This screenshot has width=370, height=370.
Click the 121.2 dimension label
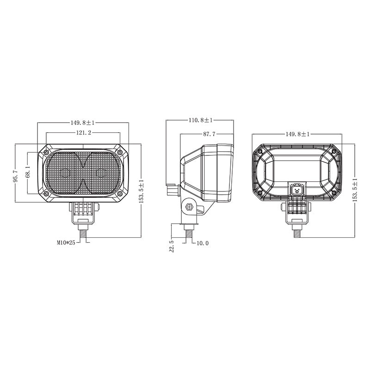[83, 133]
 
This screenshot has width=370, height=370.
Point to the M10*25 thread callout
[66, 242]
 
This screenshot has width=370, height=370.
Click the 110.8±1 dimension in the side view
[201, 120]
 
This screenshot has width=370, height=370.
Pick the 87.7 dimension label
[209, 134]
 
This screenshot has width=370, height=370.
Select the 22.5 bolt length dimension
[172, 247]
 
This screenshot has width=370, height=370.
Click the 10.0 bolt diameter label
[203, 243]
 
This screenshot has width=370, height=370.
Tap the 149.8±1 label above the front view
[83, 123]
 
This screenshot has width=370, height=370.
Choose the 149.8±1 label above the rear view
[297, 134]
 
